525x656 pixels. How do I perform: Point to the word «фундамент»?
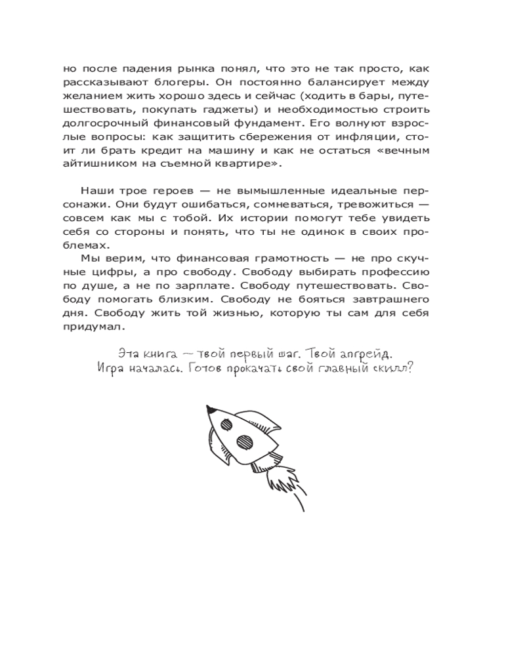[x=276, y=122]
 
